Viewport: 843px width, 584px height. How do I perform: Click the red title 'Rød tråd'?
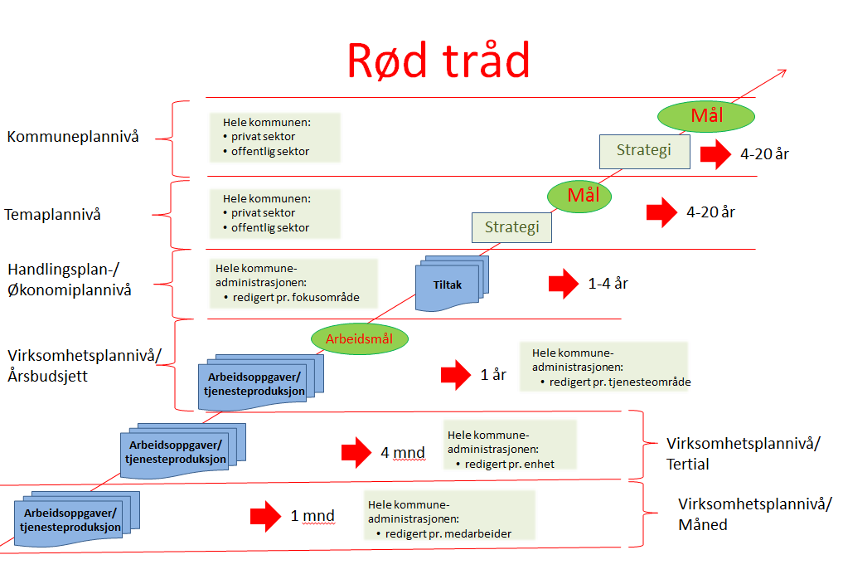[438, 60]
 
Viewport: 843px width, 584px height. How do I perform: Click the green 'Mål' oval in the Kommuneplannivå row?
[706, 116]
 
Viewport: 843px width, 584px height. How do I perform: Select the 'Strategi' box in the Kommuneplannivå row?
[645, 151]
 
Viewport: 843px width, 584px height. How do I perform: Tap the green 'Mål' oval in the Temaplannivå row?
[579, 196]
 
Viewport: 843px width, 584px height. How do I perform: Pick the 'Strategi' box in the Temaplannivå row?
[511, 227]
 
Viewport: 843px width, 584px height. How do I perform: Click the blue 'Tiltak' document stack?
[452, 284]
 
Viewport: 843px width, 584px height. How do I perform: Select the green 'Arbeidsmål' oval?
[359, 339]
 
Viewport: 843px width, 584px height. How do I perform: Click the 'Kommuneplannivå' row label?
[73, 137]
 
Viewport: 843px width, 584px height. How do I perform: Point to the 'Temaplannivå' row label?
[53, 215]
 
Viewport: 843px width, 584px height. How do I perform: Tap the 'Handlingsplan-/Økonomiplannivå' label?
[70, 280]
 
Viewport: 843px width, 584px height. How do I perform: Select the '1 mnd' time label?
[312, 516]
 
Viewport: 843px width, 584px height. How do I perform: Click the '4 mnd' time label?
[403, 453]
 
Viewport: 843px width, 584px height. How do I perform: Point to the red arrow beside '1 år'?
[456, 375]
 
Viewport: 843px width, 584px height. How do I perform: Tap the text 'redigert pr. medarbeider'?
[448, 534]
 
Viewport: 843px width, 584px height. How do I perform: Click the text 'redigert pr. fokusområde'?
[296, 298]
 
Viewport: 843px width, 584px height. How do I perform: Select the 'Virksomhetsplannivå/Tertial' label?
[743, 454]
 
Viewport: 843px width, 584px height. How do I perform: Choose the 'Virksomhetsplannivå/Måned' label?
[755, 514]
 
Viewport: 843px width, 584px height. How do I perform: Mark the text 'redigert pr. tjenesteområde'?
[620, 382]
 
